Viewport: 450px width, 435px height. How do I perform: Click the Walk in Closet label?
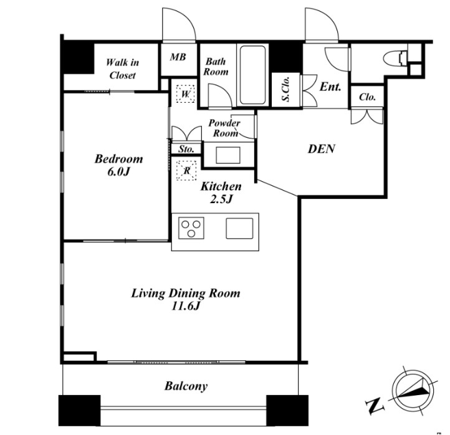point(122,69)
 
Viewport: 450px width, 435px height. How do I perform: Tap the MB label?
point(178,57)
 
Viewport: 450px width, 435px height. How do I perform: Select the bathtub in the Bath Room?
point(252,75)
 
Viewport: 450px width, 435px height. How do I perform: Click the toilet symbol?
point(395,59)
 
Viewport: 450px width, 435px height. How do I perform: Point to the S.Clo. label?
point(286,89)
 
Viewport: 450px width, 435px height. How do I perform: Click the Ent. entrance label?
point(330,87)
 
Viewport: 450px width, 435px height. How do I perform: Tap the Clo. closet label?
point(367,97)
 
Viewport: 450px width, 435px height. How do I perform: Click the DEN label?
point(322,148)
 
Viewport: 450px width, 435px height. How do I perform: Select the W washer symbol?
point(186,94)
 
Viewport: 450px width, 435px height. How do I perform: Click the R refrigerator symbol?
point(186,171)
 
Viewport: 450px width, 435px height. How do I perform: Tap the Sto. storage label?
point(186,149)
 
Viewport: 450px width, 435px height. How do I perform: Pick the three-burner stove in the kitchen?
point(191,228)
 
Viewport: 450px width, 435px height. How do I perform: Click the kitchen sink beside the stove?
point(239,228)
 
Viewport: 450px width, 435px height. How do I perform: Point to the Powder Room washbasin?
point(228,155)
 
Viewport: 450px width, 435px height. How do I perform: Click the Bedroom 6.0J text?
point(119,165)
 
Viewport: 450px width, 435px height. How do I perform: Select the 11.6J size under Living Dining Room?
point(185,307)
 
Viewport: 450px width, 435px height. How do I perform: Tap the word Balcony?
point(186,386)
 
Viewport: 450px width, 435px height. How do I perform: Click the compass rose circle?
point(413,392)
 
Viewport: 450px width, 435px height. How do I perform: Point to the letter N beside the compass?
point(375,406)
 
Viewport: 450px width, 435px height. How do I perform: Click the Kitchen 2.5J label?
point(221,193)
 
